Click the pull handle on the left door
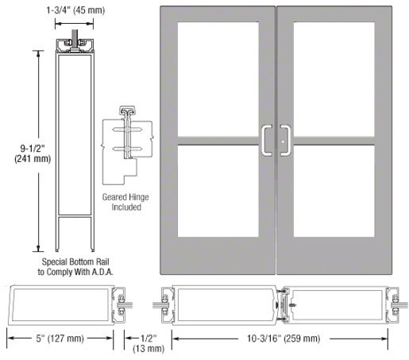(x=263, y=141)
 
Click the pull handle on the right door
(x=289, y=141)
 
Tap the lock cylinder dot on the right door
(x=283, y=141)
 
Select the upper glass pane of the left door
(x=218, y=79)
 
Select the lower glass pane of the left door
(x=218, y=191)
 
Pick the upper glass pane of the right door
(x=334, y=79)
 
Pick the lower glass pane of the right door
(x=334, y=191)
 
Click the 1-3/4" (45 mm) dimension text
(x=75, y=10)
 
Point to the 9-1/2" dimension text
(x=33, y=149)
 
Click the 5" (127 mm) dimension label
(x=60, y=339)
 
